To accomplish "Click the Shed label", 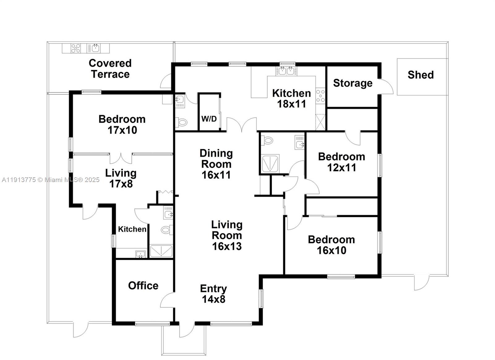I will click(x=420, y=75).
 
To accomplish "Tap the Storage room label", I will click(x=353, y=83).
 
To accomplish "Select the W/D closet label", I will click(x=209, y=119).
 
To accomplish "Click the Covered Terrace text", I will click(x=110, y=69).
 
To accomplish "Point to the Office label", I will click(x=143, y=285).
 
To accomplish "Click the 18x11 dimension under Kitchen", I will click(x=291, y=104).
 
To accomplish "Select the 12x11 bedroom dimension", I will click(x=342, y=168).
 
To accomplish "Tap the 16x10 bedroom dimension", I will click(x=331, y=250).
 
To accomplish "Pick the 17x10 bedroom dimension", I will click(x=122, y=130).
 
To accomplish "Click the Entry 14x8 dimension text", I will click(x=213, y=299).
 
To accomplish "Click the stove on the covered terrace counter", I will click(x=76, y=48).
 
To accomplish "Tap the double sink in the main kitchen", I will click(x=286, y=71).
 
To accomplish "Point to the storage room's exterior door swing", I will click(x=385, y=87).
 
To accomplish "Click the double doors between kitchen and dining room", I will click(x=242, y=125).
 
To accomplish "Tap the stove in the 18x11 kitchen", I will click(x=321, y=96).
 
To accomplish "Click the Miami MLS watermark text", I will click(x=51, y=180).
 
